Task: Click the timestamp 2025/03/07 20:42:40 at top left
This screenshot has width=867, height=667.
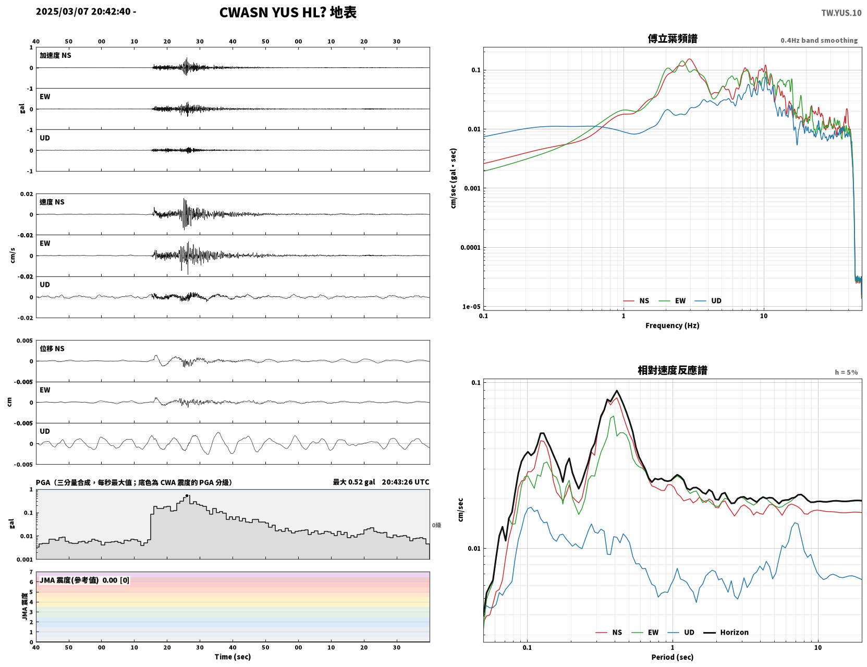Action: coord(83,11)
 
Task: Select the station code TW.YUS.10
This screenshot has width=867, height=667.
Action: coord(841,13)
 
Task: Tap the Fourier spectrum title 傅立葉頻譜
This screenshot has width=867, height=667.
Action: coord(673,39)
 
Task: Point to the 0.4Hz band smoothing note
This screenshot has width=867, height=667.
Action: coord(819,40)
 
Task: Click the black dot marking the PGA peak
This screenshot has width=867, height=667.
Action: coord(187,496)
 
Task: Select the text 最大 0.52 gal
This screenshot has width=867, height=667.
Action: coord(354,482)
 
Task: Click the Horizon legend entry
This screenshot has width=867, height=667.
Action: coord(726,632)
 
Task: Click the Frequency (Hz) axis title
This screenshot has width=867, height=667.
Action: coord(673,325)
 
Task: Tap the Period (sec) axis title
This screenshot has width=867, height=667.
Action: coord(673,657)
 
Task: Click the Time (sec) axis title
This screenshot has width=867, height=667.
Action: coord(233,657)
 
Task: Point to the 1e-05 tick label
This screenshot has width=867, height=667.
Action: coord(471,307)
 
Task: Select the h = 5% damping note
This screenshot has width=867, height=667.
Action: coord(846,372)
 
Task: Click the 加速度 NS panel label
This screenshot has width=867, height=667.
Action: coord(55,55)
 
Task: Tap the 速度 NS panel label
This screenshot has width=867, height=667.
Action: coord(52,202)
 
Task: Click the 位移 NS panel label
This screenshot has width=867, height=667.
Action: coord(52,348)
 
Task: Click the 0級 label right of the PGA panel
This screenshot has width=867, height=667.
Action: coord(436,525)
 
